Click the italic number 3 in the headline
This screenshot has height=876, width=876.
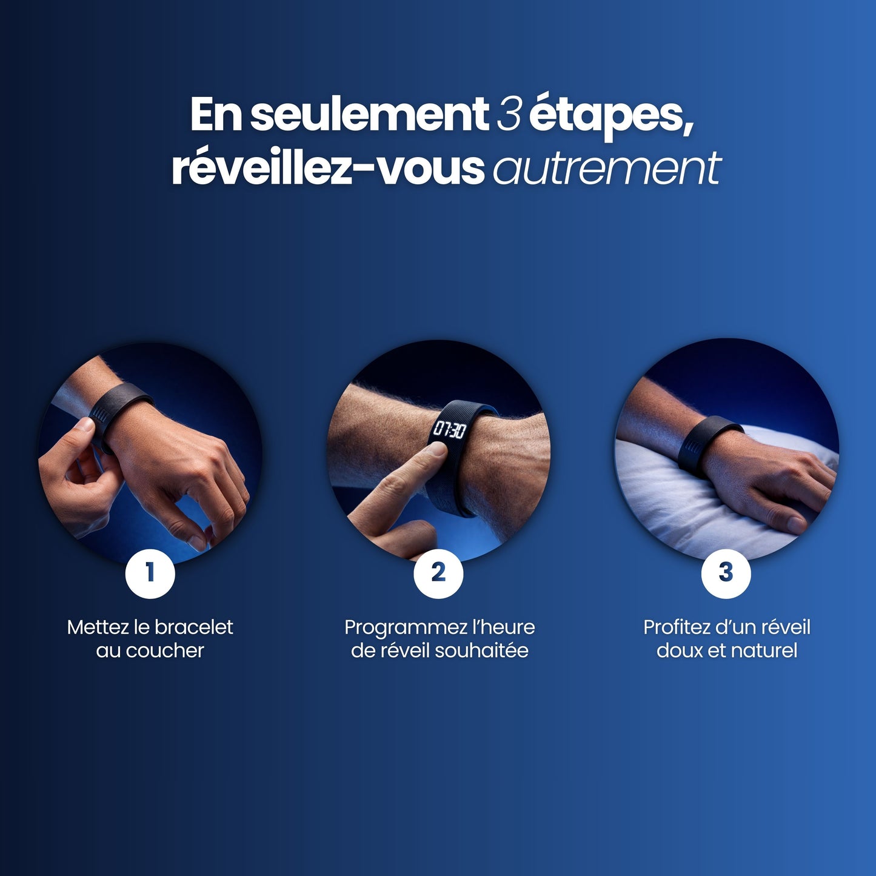coord(508,114)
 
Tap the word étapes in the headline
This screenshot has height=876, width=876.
coord(610,115)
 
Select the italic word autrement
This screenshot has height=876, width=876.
coord(607,169)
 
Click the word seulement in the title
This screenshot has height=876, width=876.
coord(369,114)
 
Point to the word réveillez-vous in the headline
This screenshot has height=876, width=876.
coord(327,169)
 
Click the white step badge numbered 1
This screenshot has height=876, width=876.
coord(150,573)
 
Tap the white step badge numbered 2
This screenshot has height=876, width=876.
coord(438,573)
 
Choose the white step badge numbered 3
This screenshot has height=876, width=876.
coord(726,573)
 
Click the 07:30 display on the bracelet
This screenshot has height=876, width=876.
coord(449,430)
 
